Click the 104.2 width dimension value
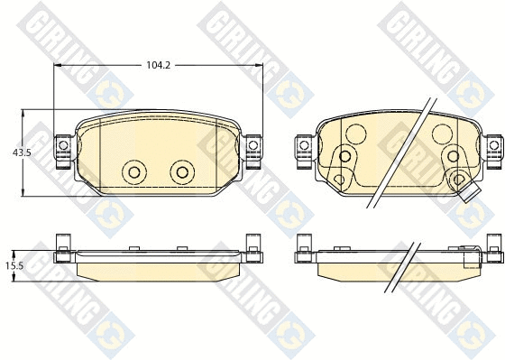coord(158,65)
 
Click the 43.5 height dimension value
coord(22,152)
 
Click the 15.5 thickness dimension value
coord(14,265)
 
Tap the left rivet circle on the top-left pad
coord(134,172)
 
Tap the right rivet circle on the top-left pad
coord(182,172)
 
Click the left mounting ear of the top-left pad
coord(63,152)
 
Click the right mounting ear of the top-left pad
coord(253,152)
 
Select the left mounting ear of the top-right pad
coord(304,152)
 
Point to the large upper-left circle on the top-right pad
coord(356,134)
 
